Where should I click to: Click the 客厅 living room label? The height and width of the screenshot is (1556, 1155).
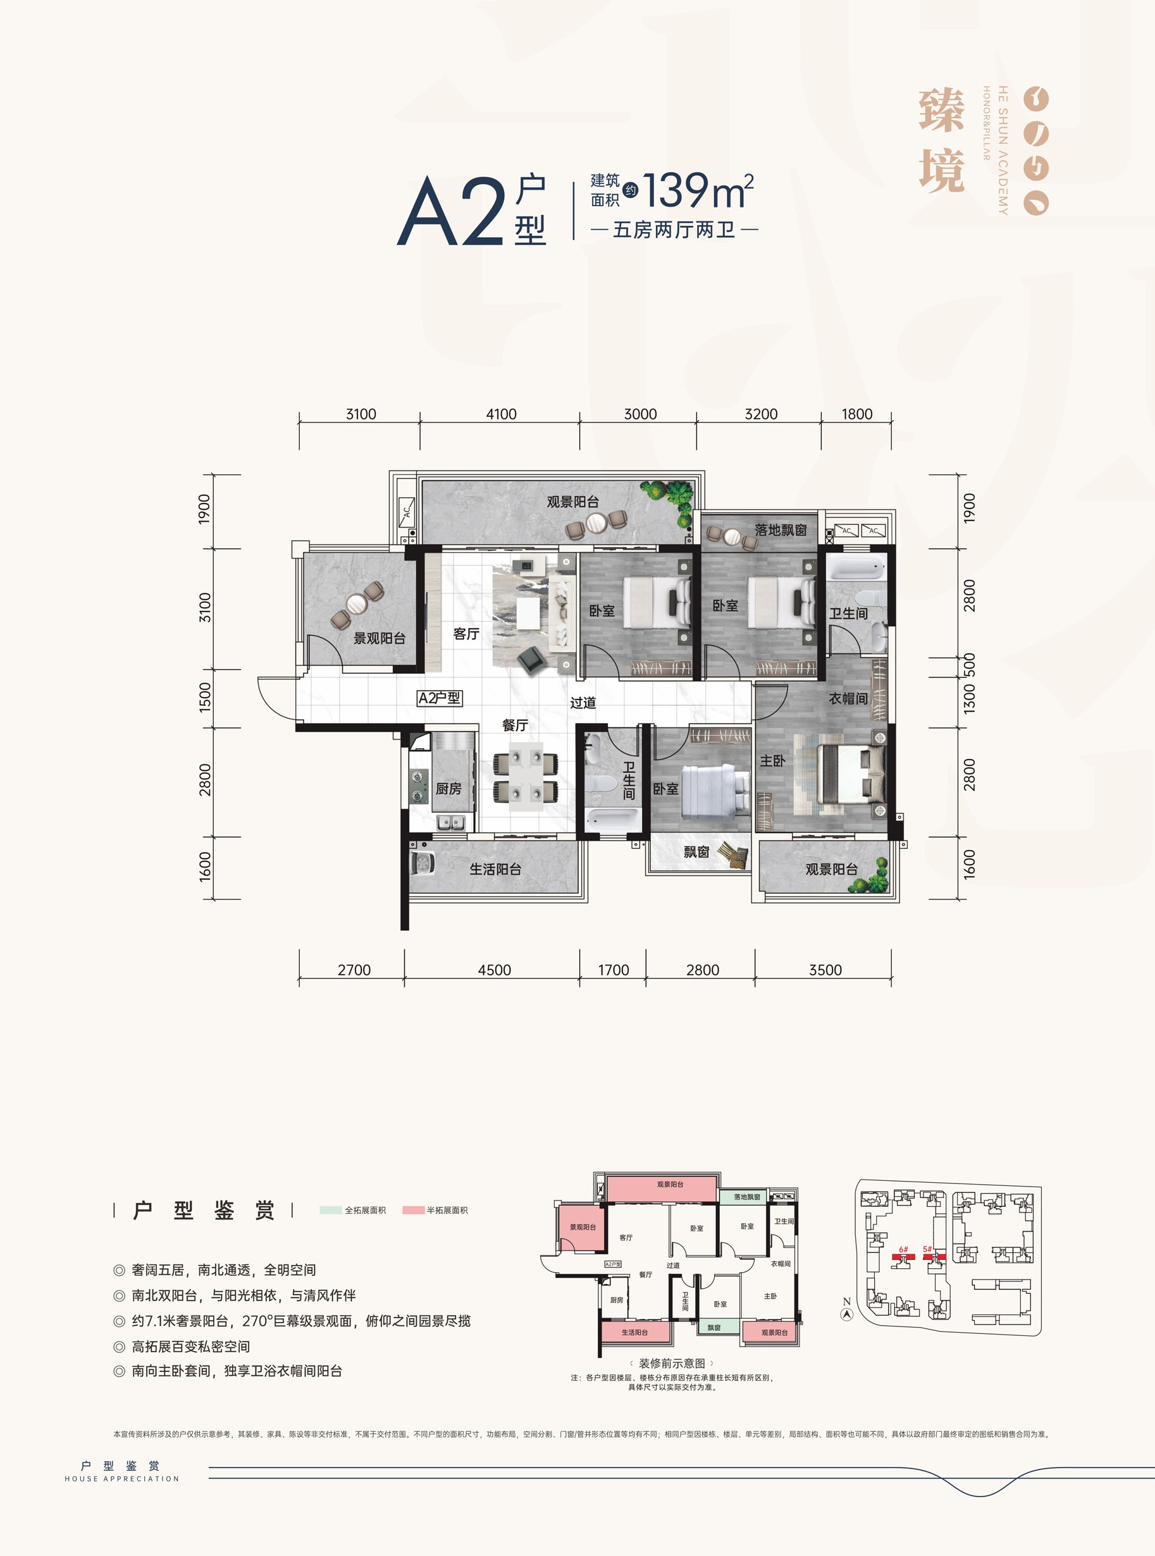click(466, 634)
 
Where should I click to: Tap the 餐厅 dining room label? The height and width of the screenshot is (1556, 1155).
click(515, 725)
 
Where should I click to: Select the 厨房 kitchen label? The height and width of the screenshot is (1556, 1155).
click(448, 789)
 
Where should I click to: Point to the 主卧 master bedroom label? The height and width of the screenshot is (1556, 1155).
click(772, 760)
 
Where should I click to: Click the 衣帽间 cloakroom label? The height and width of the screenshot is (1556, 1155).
click(848, 698)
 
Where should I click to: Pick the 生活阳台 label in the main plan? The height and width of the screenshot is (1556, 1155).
click(495, 869)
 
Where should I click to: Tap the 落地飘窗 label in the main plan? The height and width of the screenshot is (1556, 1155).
click(781, 530)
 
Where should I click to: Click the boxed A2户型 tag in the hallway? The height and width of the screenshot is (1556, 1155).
click(439, 698)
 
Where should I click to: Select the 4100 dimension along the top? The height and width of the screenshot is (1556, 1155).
click(502, 414)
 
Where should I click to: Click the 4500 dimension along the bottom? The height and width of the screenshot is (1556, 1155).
click(494, 970)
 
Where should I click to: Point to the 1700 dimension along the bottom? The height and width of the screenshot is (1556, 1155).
click(613, 970)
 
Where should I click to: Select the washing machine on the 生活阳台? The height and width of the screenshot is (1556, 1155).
click(422, 862)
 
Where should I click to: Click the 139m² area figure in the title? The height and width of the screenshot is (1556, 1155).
click(698, 191)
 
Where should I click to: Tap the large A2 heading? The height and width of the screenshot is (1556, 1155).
click(451, 211)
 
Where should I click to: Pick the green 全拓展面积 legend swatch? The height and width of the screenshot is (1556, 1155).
click(331, 1210)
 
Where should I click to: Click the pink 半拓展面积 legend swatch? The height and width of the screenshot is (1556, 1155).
click(413, 1210)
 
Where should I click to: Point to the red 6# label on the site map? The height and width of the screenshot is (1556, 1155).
click(903, 1249)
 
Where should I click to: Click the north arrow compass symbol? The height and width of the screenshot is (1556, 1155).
click(847, 1314)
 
